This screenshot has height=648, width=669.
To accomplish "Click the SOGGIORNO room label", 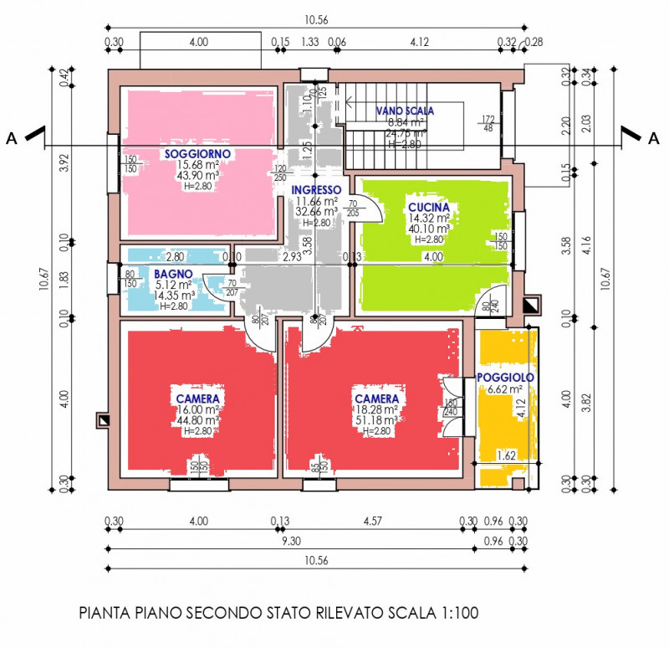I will (x=197, y=154).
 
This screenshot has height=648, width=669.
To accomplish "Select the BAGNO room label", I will (x=173, y=274).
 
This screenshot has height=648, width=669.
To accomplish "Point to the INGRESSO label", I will (x=316, y=190).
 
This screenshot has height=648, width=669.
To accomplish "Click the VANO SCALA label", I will (x=405, y=111).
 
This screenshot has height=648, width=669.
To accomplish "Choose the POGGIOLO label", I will (x=505, y=378).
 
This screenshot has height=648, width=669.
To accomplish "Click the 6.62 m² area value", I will (x=505, y=388).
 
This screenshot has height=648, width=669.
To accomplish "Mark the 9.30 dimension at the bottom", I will (x=291, y=542).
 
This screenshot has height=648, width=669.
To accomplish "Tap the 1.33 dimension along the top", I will (x=309, y=41).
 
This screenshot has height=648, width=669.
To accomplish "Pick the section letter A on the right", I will (x=653, y=138).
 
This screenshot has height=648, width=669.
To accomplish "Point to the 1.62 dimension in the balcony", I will (x=505, y=456).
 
